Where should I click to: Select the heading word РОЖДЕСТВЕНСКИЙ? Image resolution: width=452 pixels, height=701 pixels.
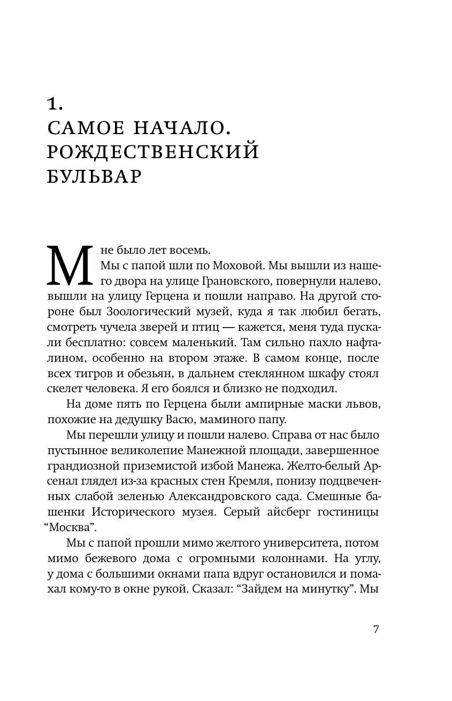pos(153,152)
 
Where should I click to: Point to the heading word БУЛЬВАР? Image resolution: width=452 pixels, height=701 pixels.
pos(94,177)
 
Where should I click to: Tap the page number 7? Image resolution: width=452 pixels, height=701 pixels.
pos(376,629)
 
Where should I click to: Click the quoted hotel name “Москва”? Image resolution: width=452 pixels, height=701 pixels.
pos(70,527)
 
